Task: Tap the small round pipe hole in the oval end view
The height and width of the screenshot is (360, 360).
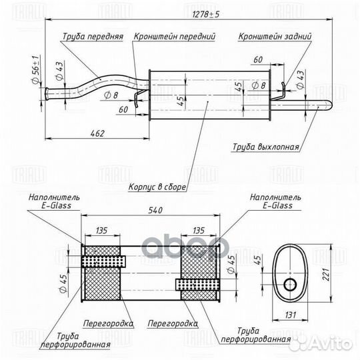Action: click(290, 285)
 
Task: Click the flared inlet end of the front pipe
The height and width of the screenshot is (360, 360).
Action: click(47, 94)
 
